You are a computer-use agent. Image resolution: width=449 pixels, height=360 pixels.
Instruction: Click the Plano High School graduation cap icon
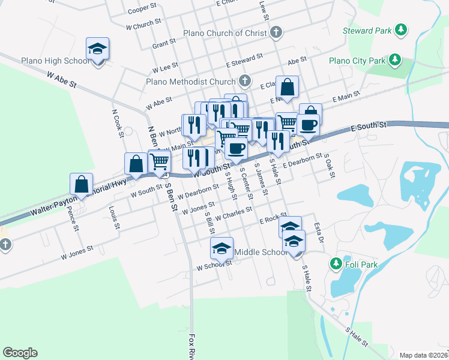(x=97, y=49)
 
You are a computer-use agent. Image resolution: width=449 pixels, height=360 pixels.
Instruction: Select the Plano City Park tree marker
(x=394, y=59)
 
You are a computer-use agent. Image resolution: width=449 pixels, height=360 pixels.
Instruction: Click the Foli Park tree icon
(x=336, y=263)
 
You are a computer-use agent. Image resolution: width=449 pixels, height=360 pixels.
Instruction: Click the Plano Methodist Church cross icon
(x=244, y=80)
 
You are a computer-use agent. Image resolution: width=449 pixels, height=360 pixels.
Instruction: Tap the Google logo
(x=20, y=353)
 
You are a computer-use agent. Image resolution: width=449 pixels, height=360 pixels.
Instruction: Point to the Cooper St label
(x=142, y=10)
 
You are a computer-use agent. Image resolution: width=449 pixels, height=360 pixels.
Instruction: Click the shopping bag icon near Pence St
(x=81, y=184)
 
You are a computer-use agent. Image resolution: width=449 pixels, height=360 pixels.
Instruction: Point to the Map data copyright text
(x=423, y=355)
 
